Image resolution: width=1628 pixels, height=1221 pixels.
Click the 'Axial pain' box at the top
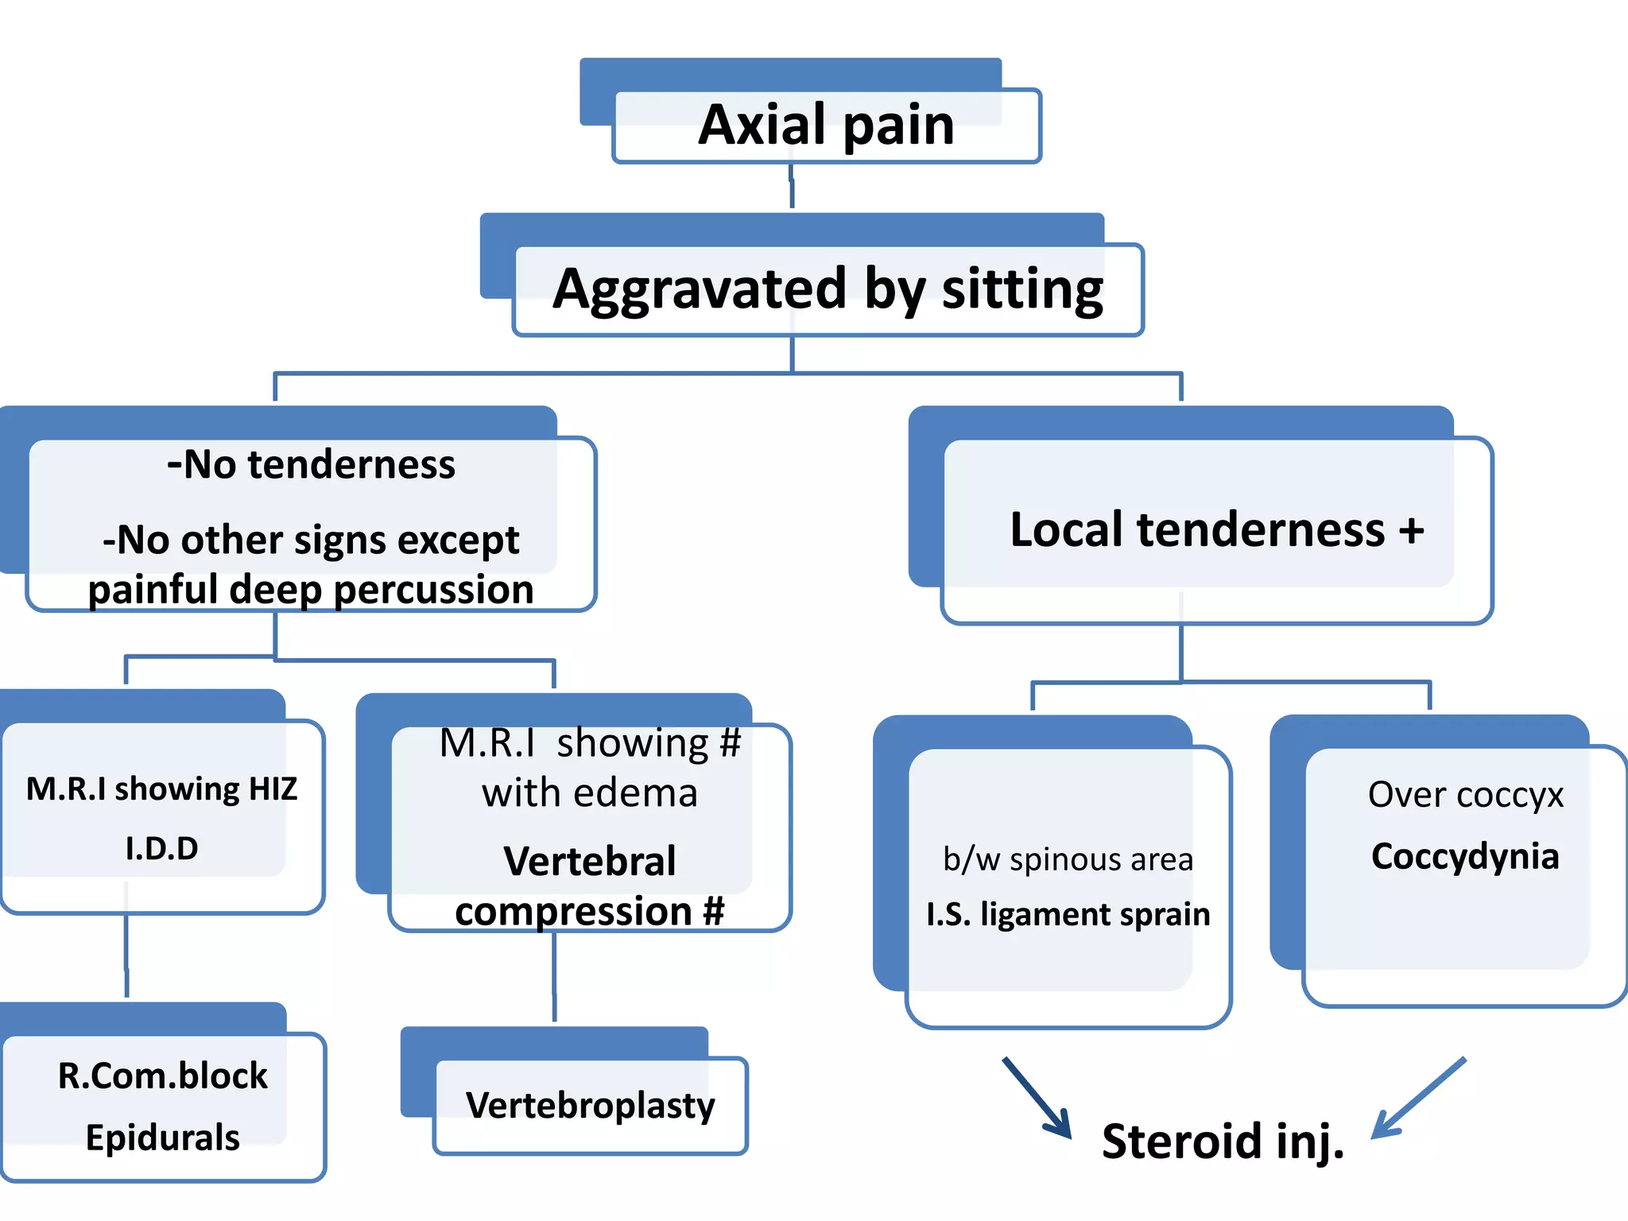tap(826, 126)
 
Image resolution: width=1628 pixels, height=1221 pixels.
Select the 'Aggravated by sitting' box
tap(828, 289)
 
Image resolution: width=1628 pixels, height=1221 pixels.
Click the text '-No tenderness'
tap(311, 464)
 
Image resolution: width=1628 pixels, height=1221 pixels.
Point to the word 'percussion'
tap(433, 590)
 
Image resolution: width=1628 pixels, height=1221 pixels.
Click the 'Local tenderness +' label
tap(1216, 529)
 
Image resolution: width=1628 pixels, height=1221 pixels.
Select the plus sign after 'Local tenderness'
tap(1411, 530)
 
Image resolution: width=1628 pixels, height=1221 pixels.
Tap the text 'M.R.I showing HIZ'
tap(161, 789)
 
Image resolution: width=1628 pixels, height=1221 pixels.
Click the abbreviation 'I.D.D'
tap(161, 848)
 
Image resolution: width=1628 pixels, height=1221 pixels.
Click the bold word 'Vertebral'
tap(589, 861)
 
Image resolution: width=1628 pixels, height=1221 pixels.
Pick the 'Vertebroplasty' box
tap(590, 1105)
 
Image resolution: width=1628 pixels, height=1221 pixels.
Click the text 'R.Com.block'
tap(162, 1076)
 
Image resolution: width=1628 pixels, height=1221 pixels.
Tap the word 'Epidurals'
tap(162, 1138)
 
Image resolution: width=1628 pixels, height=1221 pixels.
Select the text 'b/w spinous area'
tap(1068, 859)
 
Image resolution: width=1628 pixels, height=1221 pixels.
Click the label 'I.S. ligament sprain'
tap(1068, 914)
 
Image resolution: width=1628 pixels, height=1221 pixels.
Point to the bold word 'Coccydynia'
tap(1464, 856)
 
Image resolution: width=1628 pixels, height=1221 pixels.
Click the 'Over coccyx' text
tap(1465, 794)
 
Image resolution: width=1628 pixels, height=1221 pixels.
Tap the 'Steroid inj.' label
tap(1223, 1142)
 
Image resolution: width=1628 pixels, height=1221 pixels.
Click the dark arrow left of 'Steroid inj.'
tap(1037, 1098)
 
